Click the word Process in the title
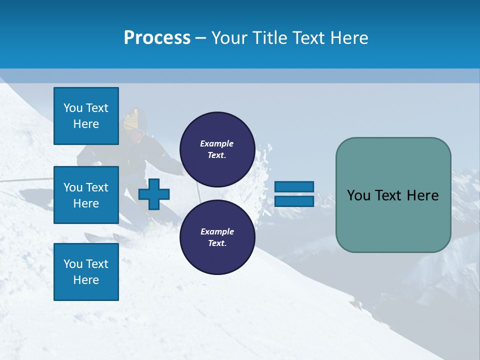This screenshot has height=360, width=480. click(x=157, y=38)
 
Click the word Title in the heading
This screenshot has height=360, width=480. click(x=270, y=38)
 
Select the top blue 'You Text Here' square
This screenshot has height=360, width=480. click(x=86, y=116)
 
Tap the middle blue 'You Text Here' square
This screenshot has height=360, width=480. click(x=86, y=195)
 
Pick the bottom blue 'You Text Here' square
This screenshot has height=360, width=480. click(x=86, y=271)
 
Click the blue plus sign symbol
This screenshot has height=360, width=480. click(x=154, y=194)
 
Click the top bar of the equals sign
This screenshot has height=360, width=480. click(x=294, y=186)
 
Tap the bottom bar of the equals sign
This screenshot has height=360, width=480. click(x=294, y=201)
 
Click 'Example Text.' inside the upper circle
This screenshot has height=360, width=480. click(x=217, y=149)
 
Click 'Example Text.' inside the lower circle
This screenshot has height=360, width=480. click(x=217, y=237)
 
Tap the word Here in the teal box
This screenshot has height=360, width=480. click(x=422, y=195)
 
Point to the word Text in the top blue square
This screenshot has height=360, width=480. click(x=97, y=108)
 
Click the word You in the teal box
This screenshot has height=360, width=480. click(x=358, y=195)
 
